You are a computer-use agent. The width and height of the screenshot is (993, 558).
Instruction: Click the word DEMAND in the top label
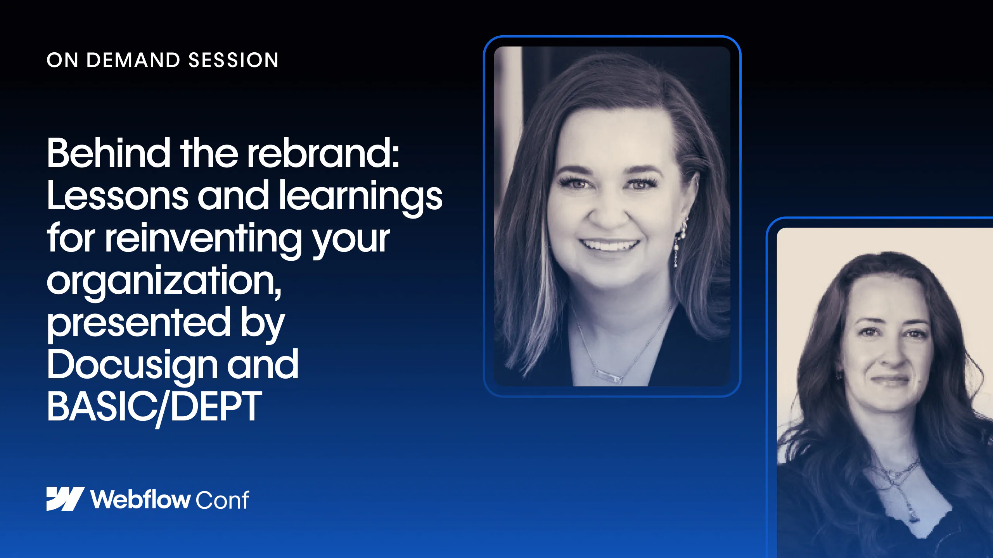(133, 60)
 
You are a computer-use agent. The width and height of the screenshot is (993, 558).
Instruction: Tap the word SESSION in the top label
(234, 60)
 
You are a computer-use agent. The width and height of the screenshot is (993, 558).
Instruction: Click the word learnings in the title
(361, 198)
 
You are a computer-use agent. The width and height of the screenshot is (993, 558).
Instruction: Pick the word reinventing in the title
(203, 239)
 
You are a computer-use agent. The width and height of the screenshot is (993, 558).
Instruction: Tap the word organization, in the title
(164, 281)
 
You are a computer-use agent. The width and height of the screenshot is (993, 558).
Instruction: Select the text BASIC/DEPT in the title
(154, 407)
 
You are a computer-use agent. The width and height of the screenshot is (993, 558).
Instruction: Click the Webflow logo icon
(66, 499)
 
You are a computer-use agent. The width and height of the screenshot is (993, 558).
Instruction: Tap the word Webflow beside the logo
(140, 499)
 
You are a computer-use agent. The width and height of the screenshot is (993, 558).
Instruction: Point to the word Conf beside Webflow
(222, 499)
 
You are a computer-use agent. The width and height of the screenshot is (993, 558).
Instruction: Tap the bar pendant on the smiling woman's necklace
(609, 375)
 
